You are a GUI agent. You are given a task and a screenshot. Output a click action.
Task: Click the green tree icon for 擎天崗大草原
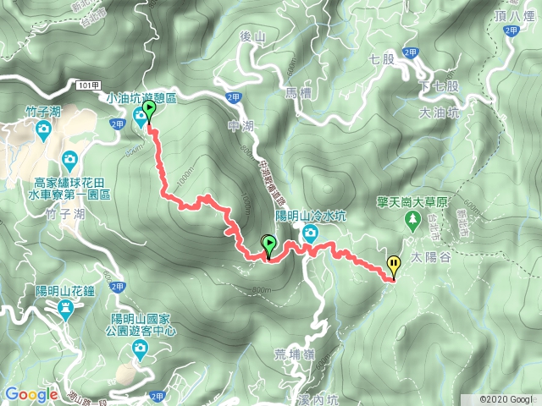coord(413,221)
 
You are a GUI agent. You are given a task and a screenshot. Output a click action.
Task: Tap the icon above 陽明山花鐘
coord(66,310)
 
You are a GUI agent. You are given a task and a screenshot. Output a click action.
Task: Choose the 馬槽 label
coord(300,91)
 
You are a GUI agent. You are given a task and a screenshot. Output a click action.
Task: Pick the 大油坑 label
coord(440,112)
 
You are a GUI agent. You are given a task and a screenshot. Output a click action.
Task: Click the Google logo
coord(30,394)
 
